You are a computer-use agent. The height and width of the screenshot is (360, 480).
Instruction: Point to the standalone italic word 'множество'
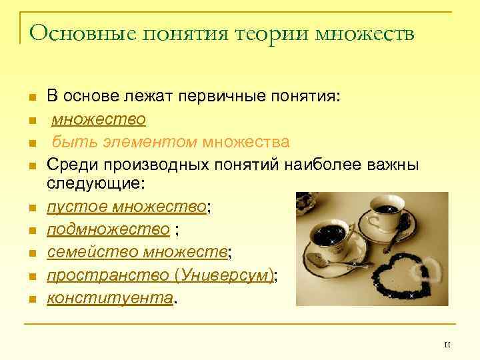[99, 120]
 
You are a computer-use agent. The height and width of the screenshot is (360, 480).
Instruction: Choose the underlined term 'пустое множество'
[126, 207]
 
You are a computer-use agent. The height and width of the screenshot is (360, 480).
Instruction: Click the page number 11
[447, 344]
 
